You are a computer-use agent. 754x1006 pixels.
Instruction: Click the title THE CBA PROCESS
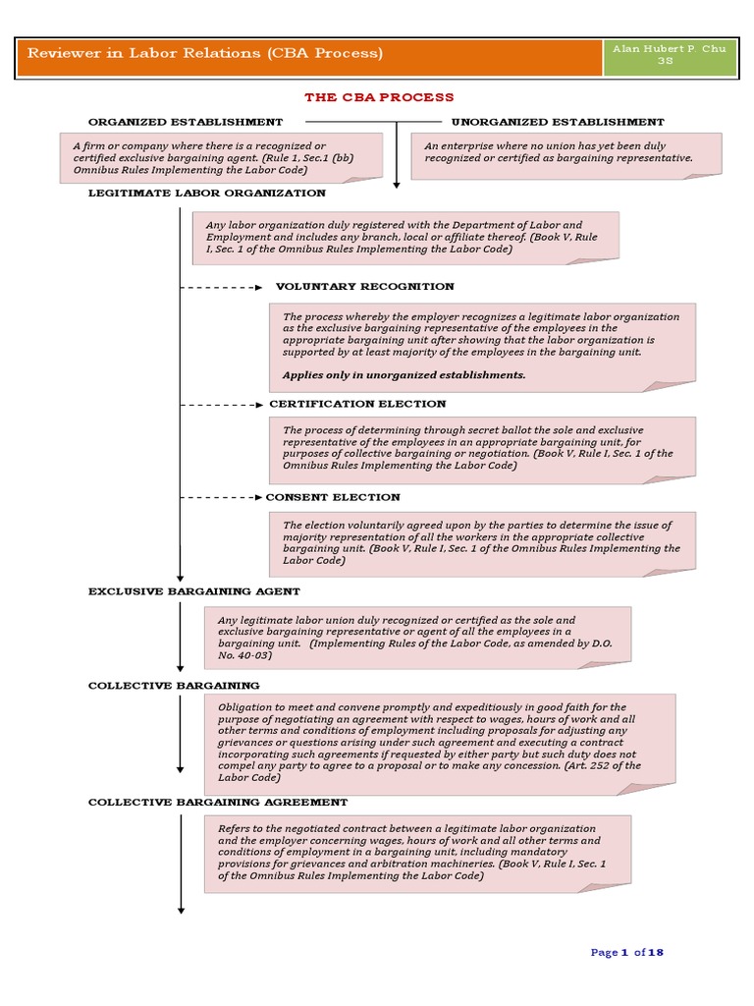(x=379, y=97)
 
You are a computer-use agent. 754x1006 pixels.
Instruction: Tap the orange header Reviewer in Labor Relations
(x=205, y=53)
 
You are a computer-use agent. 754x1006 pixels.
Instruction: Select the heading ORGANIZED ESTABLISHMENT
(x=186, y=122)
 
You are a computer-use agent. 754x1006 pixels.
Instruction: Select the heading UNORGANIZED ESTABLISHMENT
(x=557, y=122)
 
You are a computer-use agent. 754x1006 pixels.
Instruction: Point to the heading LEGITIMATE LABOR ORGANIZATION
(x=206, y=194)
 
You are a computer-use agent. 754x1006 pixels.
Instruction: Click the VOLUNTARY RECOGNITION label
(x=364, y=287)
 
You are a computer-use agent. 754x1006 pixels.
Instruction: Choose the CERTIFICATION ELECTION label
(x=357, y=404)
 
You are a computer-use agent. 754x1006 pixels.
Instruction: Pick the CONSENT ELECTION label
(x=333, y=497)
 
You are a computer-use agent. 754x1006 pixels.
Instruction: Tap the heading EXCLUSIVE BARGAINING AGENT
(x=194, y=591)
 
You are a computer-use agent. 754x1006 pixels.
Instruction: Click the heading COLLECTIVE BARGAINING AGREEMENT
(x=218, y=802)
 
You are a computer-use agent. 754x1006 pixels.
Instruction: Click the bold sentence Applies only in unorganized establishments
(x=404, y=374)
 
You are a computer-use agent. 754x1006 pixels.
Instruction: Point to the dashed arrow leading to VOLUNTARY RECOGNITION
(x=222, y=288)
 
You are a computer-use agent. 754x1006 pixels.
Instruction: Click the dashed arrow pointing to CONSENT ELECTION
(x=222, y=498)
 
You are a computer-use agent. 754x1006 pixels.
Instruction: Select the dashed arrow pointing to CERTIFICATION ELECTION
(x=222, y=405)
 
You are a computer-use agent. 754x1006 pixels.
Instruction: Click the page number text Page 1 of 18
(x=627, y=952)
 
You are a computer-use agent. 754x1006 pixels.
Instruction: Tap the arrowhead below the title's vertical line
(x=397, y=183)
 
